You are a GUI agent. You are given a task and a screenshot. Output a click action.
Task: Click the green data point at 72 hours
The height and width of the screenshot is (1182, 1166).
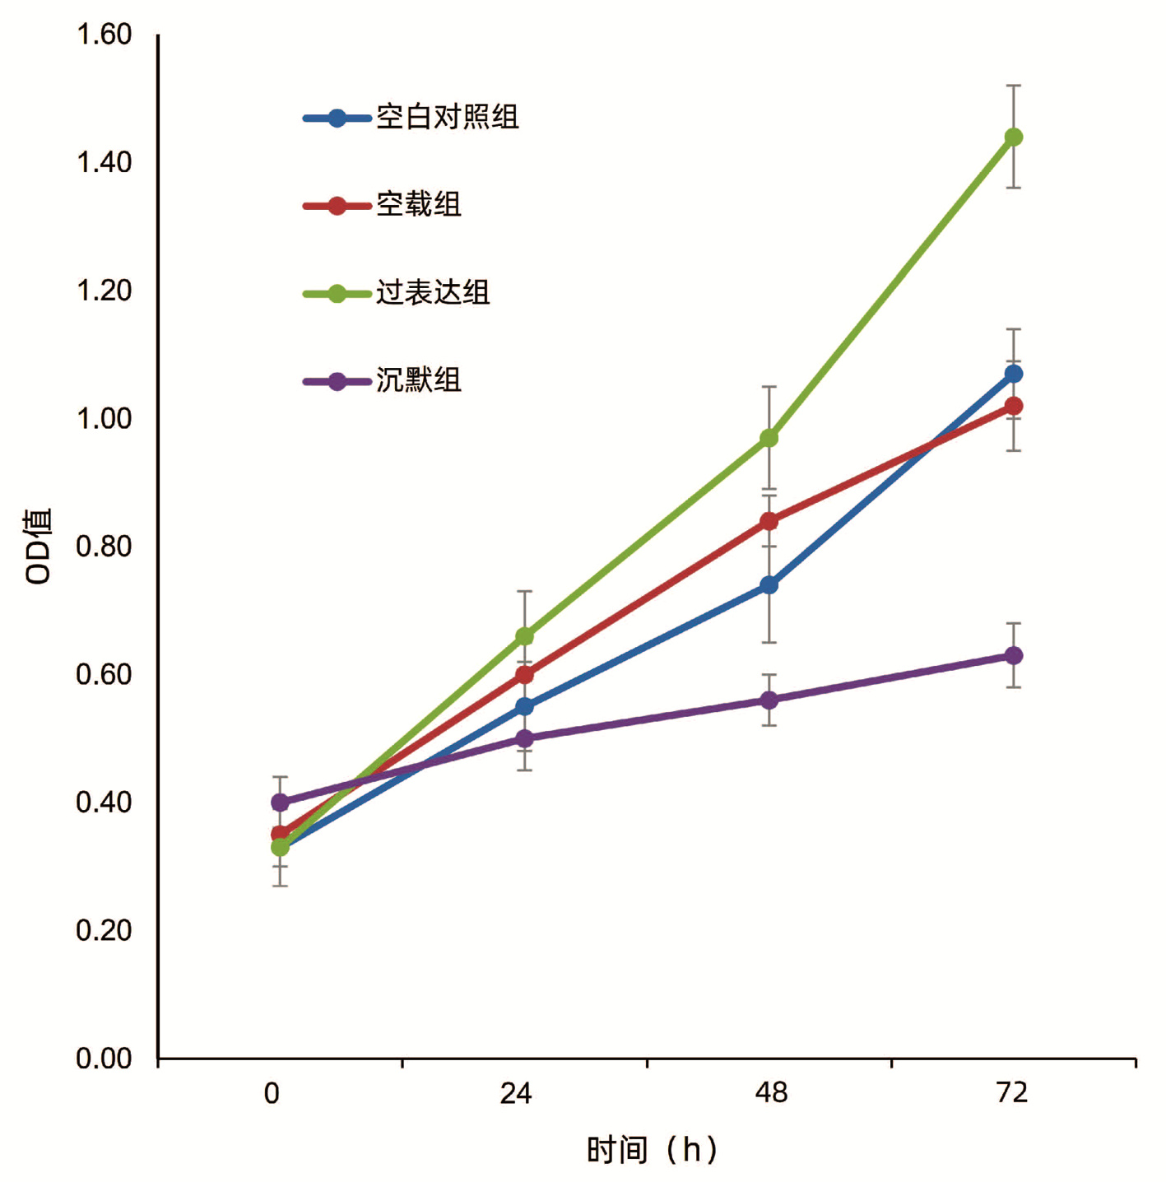click(x=1013, y=137)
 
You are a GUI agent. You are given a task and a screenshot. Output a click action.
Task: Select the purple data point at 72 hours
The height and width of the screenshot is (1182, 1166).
click(x=1013, y=655)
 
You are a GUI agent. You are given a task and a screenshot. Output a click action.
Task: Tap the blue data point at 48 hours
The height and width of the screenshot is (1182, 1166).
click(x=769, y=585)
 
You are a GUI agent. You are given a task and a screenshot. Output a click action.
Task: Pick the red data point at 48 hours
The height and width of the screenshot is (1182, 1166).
click(x=769, y=521)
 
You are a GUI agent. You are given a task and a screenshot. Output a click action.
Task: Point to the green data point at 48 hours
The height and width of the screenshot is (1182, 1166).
click(x=769, y=438)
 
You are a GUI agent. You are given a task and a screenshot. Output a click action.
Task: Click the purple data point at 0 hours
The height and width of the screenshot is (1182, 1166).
click(x=280, y=802)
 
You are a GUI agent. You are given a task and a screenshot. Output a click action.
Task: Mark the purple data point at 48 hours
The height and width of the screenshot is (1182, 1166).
click(x=769, y=700)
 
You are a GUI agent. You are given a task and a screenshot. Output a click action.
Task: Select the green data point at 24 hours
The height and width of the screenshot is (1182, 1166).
click(x=524, y=636)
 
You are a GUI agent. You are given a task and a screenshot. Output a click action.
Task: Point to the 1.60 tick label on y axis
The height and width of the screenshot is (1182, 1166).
click(x=104, y=35)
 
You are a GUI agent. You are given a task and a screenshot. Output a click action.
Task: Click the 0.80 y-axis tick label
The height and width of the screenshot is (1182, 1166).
click(x=104, y=547)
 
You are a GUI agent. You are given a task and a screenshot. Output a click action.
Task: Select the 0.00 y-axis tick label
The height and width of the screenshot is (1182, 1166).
click(x=104, y=1059)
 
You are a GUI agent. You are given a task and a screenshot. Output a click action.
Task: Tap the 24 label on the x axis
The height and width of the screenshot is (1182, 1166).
click(x=516, y=1093)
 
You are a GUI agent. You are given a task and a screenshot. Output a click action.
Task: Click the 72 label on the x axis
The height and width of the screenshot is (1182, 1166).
click(x=1011, y=1093)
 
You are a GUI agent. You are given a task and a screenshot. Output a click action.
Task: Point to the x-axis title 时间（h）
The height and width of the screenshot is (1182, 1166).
click(x=652, y=1149)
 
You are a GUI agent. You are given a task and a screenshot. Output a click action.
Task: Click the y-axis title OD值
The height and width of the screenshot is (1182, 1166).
click(x=39, y=547)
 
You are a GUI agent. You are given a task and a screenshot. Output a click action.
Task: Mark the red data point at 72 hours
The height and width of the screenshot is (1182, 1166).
click(x=1013, y=406)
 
